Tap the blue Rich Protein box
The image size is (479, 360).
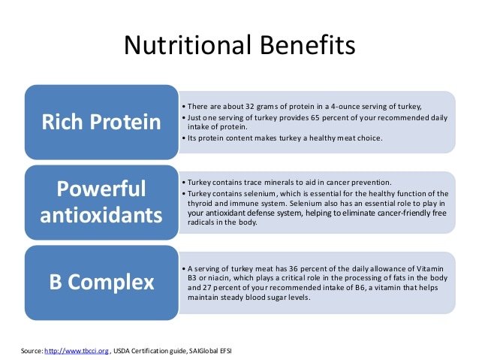point(102,121)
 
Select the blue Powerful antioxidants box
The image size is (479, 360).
point(102,201)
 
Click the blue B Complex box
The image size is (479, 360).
point(102,282)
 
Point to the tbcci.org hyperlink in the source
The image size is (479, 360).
point(77,350)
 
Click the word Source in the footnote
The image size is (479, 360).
point(32,350)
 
